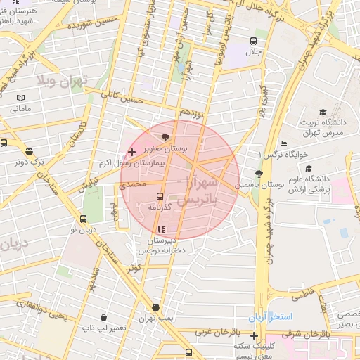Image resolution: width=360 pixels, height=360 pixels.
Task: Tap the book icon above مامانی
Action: (x=20, y=97)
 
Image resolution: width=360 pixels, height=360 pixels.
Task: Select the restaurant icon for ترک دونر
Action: (x=29, y=150)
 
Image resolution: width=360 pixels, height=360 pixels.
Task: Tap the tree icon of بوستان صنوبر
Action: (x=165, y=138)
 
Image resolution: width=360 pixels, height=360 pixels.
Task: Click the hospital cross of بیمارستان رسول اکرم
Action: (x=131, y=152)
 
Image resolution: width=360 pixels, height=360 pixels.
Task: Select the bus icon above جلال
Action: (x=252, y=40)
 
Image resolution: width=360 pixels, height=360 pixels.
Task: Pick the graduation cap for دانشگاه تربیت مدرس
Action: (x=323, y=112)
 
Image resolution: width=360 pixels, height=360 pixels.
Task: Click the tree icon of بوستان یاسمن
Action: (x=259, y=174)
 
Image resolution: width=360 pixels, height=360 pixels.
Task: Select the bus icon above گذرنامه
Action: (x=160, y=196)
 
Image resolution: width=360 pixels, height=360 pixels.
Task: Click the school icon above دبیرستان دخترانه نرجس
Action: (x=161, y=229)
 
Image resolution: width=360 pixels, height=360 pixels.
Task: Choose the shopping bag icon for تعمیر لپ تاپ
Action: (x=103, y=318)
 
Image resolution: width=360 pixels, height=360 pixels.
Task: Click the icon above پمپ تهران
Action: (x=155, y=307)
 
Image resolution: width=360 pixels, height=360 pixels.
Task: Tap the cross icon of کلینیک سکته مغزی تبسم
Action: (x=254, y=335)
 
